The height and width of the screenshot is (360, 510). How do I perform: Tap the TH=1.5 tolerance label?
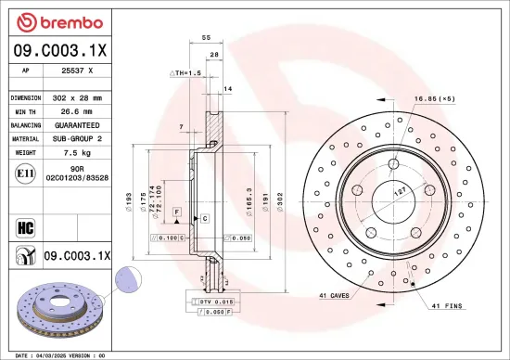(x=186, y=72)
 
